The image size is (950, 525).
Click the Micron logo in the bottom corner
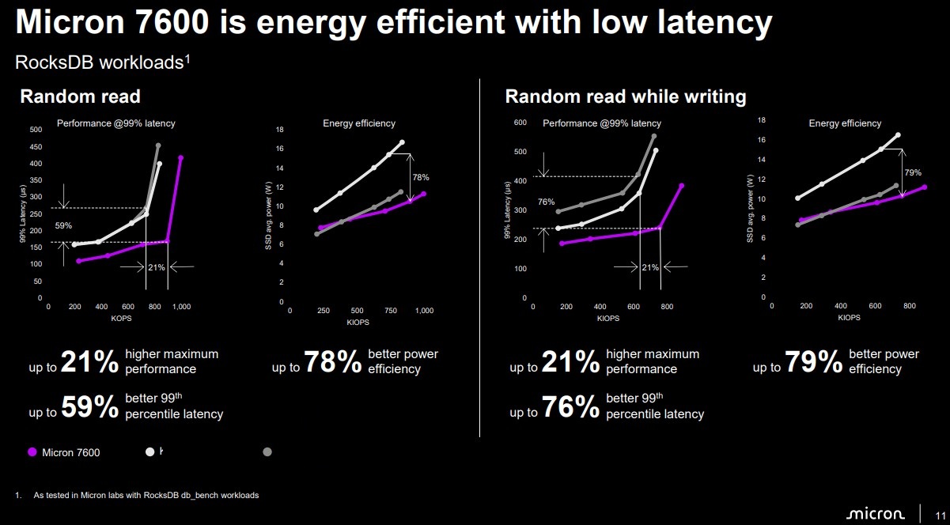click(875, 514)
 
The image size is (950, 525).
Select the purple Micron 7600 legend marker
click(32, 452)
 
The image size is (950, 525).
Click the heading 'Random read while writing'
click(626, 96)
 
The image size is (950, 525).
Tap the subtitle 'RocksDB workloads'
click(100, 63)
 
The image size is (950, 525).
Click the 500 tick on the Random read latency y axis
click(36, 129)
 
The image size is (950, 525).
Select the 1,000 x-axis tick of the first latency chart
click(181, 307)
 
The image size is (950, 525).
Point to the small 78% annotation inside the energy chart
click(421, 177)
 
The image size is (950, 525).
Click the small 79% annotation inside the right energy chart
click(913, 172)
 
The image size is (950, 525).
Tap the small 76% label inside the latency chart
click(546, 202)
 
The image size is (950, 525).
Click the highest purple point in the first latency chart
click(181, 157)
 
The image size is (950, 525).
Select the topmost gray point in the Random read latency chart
click(158, 145)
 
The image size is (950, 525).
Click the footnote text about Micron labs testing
click(146, 496)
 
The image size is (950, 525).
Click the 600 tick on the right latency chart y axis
click(520, 123)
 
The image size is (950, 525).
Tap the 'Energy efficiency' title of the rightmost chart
click(845, 123)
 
